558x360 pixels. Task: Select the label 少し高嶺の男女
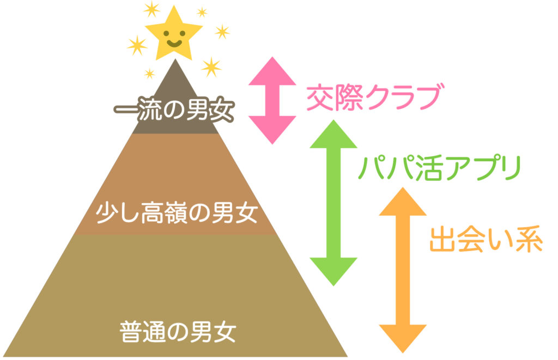175,213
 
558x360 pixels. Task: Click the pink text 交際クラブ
372,99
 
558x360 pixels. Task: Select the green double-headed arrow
333,202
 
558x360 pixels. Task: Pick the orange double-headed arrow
402,270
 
